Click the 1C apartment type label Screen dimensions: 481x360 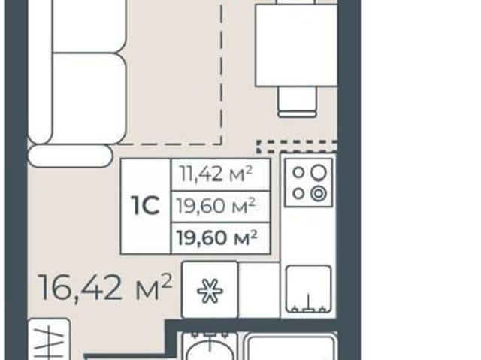click(x=145, y=206)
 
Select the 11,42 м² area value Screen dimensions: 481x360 click(x=216, y=174)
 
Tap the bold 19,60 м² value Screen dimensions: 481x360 click(x=217, y=237)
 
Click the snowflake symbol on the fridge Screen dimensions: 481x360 click(x=210, y=291)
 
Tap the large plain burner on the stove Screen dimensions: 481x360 click(x=319, y=172)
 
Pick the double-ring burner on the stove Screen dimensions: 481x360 click(x=319, y=194)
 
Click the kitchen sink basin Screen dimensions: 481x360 click(x=309, y=289)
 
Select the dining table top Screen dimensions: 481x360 click(x=296, y=45)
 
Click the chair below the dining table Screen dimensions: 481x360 click(x=297, y=101)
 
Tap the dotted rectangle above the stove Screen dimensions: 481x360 click(x=297, y=147)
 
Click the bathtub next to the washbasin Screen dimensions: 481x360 click(x=291, y=348)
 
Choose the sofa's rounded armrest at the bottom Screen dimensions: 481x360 click(x=70, y=156)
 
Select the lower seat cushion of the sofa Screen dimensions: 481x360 click(x=89, y=98)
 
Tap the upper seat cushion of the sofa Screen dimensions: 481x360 click(x=89, y=26)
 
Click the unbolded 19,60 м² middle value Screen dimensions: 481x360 click(x=216, y=205)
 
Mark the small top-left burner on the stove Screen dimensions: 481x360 click(x=298, y=172)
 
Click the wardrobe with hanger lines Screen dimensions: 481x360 click(x=49, y=339)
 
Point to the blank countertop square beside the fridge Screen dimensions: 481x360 click(x=259, y=290)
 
